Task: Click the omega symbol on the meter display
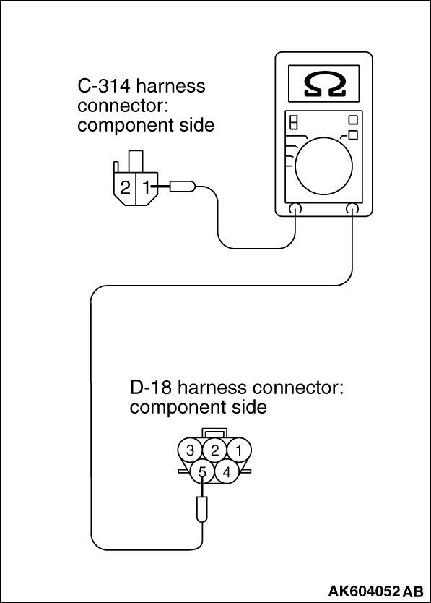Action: pyautogui.click(x=324, y=83)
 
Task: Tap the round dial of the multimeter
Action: pyautogui.click(x=324, y=166)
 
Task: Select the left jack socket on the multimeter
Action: pyautogui.click(x=295, y=209)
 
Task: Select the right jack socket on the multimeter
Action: pyautogui.click(x=352, y=209)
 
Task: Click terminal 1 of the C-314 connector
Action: pyautogui.click(x=145, y=188)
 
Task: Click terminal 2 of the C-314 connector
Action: pyautogui.click(x=125, y=188)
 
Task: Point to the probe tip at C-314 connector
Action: pyautogui.click(x=183, y=187)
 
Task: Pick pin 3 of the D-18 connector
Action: pyautogui.click(x=190, y=450)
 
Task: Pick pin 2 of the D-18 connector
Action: pyautogui.click(x=214, y=450)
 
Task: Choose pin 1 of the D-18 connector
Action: pyautogui.click(x=239, y=450)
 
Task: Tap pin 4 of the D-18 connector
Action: pyautogui.click(x=227, y=472)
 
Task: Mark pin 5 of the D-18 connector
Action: pyautogui.click(x=202, y=472)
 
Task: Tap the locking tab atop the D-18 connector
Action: pyautogui.click(x=214, y=432)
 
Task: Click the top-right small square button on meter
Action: pyautogui.click(x=352, y=120)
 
